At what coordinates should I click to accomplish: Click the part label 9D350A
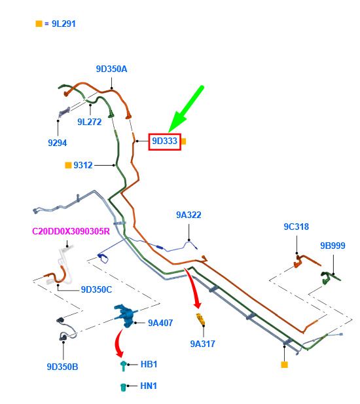[x=111, y=69]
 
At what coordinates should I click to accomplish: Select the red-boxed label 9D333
[x=164, y=141]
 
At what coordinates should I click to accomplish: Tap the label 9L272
[x=90, y=122]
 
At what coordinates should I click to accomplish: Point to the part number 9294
[x=57, y=143]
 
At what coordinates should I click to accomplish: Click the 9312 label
[x=83, y=165]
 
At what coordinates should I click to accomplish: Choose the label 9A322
[x=189, y=215]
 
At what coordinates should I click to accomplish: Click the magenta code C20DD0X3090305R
[x=71, y=231]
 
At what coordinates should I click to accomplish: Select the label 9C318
[x=296, y=227]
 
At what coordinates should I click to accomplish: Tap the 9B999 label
[x=333, y=246]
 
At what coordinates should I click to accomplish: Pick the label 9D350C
[x=96, y=289]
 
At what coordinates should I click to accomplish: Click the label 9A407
[x=160, y=323]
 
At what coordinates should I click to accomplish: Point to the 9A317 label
[x=202, y=344]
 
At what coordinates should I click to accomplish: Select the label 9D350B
[x=62, y=367]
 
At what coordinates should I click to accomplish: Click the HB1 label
[x=149, y=364]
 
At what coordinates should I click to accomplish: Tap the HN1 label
[x=149, y=386]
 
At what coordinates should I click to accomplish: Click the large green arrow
[x=186, y=109]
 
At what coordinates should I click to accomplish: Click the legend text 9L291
[x=63, y=24]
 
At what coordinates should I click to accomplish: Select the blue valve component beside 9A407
[x=126, y=316]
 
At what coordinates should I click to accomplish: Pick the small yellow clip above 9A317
[x=200, y=319]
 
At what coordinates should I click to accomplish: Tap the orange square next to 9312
[x=68, y=165]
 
